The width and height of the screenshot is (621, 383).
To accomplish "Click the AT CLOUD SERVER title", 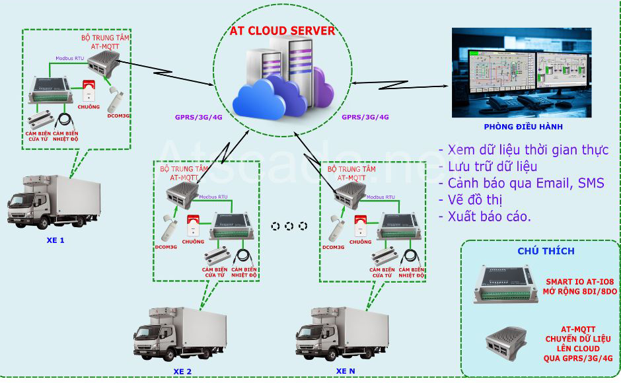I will [282, 31].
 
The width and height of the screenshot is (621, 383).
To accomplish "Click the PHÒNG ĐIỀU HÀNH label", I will [523, 127].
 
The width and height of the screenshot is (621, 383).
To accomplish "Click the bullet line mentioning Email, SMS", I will [522, 183].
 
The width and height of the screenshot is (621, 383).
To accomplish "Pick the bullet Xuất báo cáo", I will [489, 216].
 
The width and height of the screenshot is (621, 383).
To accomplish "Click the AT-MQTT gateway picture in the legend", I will [512, 343].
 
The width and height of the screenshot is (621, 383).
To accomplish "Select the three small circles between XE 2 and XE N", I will [289, 226].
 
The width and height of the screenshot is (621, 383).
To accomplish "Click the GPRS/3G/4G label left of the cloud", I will [198, 117].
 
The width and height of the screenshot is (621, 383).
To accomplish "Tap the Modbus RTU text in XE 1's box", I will [69, 58].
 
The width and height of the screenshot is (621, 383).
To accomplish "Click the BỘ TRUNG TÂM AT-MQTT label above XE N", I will [351, 174].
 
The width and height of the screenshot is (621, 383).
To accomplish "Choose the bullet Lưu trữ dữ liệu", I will [492, 166].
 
